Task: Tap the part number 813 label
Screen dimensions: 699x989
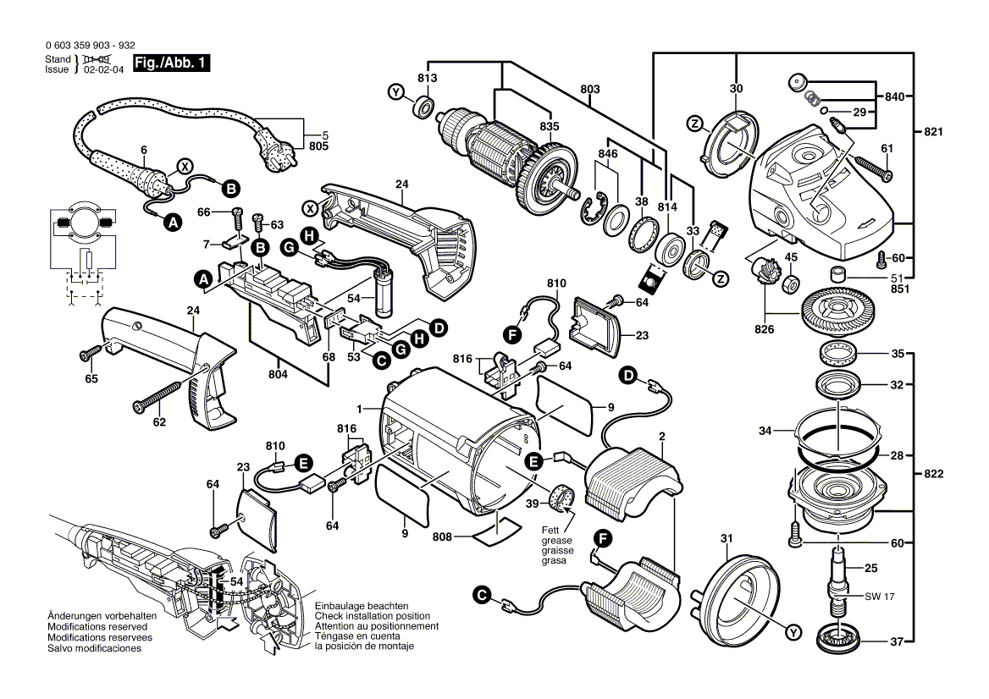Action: tap(427, 78)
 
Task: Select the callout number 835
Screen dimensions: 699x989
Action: tap(550, 126)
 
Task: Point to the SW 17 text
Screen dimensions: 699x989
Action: tap(879, 597)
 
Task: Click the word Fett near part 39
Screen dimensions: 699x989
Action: tap(552, 530)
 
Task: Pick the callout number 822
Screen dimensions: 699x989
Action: tap(934, 474)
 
